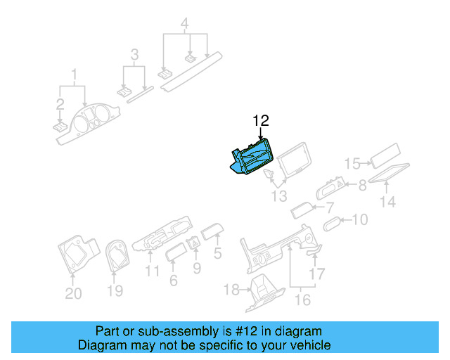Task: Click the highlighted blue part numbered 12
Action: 252,157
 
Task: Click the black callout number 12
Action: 261,121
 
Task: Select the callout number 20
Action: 73,294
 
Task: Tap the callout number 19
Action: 115,291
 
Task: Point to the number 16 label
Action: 302,300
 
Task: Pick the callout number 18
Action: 231,290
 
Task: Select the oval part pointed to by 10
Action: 333,224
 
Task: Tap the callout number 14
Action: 387,202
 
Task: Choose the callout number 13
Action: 279,197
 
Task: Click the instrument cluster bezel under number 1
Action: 88,124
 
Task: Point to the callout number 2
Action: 60,104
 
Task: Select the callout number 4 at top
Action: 184,23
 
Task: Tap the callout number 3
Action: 134,55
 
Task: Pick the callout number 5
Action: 217,253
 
